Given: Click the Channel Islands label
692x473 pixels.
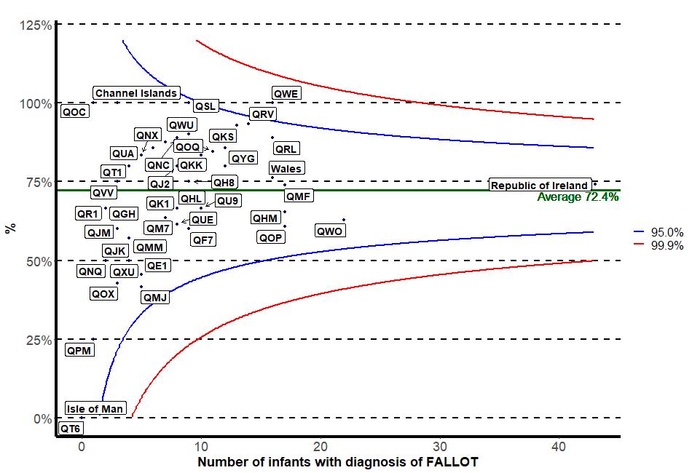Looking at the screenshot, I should tap(136, 93).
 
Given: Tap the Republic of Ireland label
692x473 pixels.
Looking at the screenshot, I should tap(539, 185).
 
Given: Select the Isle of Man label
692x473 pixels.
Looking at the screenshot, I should tap(95, 408).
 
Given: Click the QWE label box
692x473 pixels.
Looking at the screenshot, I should tap(286, 93).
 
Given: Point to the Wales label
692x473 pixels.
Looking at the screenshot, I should tap(286, 168).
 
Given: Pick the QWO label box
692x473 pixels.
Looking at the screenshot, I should tap(329, 231).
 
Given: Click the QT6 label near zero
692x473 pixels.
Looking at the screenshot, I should tap(71, 429).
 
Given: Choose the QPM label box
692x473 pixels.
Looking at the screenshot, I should tap(79, 350).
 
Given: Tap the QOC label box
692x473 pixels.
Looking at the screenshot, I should tap(74, 112).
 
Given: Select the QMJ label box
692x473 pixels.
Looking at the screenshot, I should tap(155, 297).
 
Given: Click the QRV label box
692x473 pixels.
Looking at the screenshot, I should tap(262, 114).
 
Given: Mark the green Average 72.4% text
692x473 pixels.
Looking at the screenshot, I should tap(578, 196).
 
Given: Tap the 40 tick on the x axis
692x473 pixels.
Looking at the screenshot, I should tap(559, 445).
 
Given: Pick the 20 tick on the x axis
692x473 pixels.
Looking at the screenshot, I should tap(320, 445).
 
